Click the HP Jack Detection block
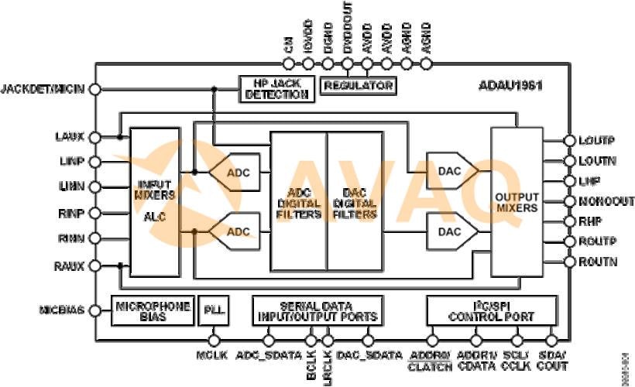[x=276, y=89]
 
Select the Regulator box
[x=358, y=85]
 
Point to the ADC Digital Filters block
[x=298, y=202]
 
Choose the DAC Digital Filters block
[x=355, y=202]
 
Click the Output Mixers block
[x=517, y=202]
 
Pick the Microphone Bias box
[x=153, y=311]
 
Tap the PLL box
[x=211, y=310]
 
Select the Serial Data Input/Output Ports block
[x=317, y=310]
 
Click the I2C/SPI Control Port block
[x=492, y=310]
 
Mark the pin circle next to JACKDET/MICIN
[x=95, y=89]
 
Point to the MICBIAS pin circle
[x=95, y=310]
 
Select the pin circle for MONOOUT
[x=569, y=201]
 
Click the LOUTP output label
[x=596, y=141]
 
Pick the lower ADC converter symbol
[x=235, y=231]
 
